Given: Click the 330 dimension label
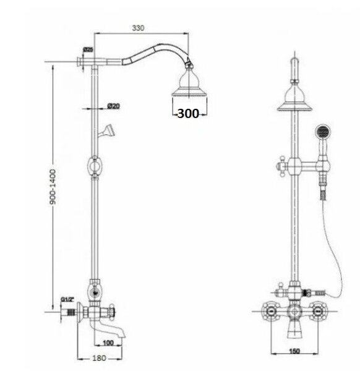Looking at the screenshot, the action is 138,28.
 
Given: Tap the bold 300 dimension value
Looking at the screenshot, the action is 188,113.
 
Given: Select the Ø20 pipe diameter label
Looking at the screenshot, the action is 113,106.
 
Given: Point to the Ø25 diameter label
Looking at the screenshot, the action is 88,49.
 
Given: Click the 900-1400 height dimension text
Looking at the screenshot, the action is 53,187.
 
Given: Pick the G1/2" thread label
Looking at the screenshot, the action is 67,299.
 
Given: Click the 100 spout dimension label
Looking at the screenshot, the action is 108,343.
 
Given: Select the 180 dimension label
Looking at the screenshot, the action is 99,358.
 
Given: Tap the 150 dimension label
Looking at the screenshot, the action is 294,351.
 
